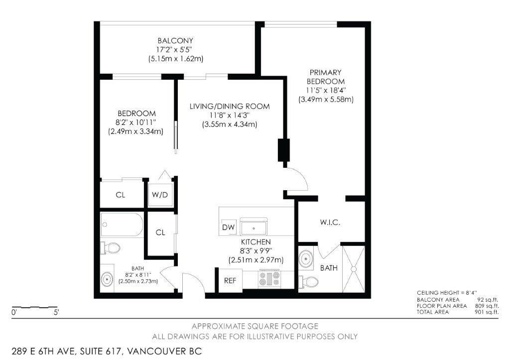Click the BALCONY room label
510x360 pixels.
point(175,41)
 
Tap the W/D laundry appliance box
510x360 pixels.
point(160,195)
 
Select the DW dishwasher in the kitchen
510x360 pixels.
point(229,227)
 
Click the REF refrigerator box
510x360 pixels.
point(230,280)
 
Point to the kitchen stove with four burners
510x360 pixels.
point(269,278)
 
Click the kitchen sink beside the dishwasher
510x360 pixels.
point(254,227)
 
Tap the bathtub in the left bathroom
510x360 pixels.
point(122,225)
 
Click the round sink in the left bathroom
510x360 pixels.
point(107,279)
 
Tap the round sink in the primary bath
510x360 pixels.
point(306,259)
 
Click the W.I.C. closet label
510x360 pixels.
point(330,223)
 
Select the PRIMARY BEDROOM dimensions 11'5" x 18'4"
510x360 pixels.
point(326,90)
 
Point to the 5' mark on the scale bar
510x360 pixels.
point(56,313)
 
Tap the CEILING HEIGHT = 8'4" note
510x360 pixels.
point(447,293)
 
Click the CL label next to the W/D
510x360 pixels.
point(121,195)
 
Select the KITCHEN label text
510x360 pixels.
point(255,242)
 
